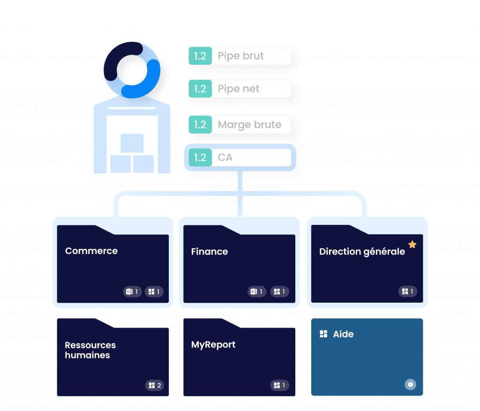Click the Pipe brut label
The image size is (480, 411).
coord(240,56)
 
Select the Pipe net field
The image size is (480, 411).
coord(239,89)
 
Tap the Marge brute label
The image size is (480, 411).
coord(249,125)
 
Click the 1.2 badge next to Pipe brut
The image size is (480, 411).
coord(200,56)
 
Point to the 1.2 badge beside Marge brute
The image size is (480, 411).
coord(200,125)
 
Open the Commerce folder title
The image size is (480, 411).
coord(91,251)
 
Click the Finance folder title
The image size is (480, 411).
coord(210,252)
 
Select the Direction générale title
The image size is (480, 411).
coord(362,252)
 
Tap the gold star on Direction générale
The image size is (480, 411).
coord(412,245)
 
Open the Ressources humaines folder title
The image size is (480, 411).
coord(90,350)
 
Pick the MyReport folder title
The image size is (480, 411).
coord(213,344)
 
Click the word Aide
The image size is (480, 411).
coord(343,334)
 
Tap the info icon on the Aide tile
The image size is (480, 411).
coord(410,385)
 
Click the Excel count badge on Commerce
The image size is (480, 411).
coord(133,291)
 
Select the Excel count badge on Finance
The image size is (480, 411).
coord(257,291)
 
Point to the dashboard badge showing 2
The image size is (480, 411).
coord(155,385)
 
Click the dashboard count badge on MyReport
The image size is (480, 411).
coord(279,385)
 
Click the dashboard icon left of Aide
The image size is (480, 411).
coord(323,334)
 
